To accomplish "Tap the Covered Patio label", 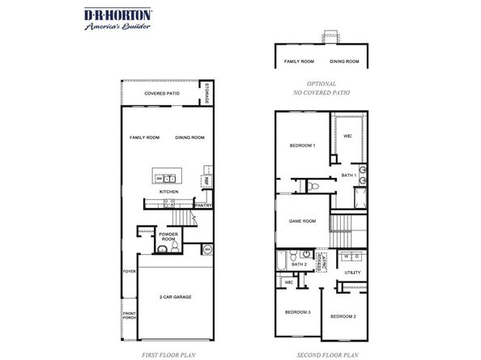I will coord(161,95).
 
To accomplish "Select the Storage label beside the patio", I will coord(206,95).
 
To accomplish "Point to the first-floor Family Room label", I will coord(145,138).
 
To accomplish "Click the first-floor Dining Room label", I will coord(189,138).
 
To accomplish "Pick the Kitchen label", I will coord(168,192).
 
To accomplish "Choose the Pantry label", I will coord(203,205).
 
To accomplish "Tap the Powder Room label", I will coord(168,237).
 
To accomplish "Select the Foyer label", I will coord(128,271).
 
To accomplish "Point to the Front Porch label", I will coord(129,315).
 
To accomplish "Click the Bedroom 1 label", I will coord(302,146).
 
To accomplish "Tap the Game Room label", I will coord(302,220).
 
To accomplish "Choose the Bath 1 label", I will coord(348,176).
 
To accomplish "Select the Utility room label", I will coord(352,273).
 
